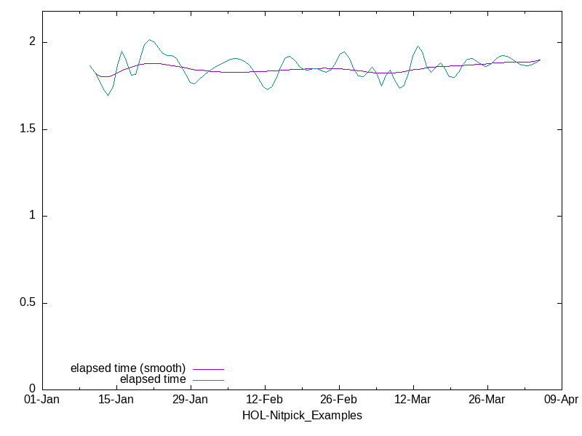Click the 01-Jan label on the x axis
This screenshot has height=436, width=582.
[x=42, y=400]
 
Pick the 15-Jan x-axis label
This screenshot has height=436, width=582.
[x=116, y=400]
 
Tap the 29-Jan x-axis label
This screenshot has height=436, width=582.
[x=191, y=400]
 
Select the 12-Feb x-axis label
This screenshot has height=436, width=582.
[x=265, y=400]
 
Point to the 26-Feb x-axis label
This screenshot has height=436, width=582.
[x=339, y=400]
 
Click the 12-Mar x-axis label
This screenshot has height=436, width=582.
[x=413, y=400]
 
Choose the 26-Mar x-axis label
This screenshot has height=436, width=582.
[x=487, y=400]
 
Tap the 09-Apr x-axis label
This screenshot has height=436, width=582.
[x=561, y=400]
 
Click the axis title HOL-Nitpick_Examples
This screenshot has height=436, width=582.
[x=302, y=416]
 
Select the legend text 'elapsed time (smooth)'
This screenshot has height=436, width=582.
[x=128, y=368]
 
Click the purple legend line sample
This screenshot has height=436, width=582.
[x=208, y=369]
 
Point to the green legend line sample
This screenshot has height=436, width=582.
[x=208, y=379]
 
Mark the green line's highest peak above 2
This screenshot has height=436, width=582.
[x=149, y=40]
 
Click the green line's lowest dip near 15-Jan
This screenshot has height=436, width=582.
[x=108, y=95]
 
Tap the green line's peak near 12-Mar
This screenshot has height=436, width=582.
[x=418, y=47]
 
